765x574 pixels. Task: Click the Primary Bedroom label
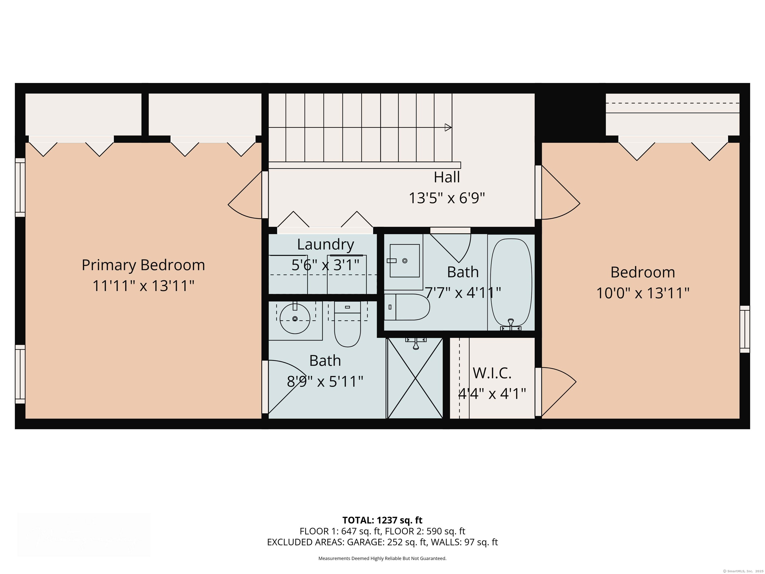[143, 265]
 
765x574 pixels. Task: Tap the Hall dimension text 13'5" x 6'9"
[447, 198]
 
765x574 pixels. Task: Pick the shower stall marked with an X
[415, 378]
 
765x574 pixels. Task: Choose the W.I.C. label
[492, 373]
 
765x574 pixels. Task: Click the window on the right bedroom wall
[745, 329]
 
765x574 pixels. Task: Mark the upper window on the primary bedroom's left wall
[20, 188]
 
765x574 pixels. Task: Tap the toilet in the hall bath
[407, 307]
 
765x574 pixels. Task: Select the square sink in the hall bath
[405, 261]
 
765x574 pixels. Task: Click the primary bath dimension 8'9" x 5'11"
[325, 382]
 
